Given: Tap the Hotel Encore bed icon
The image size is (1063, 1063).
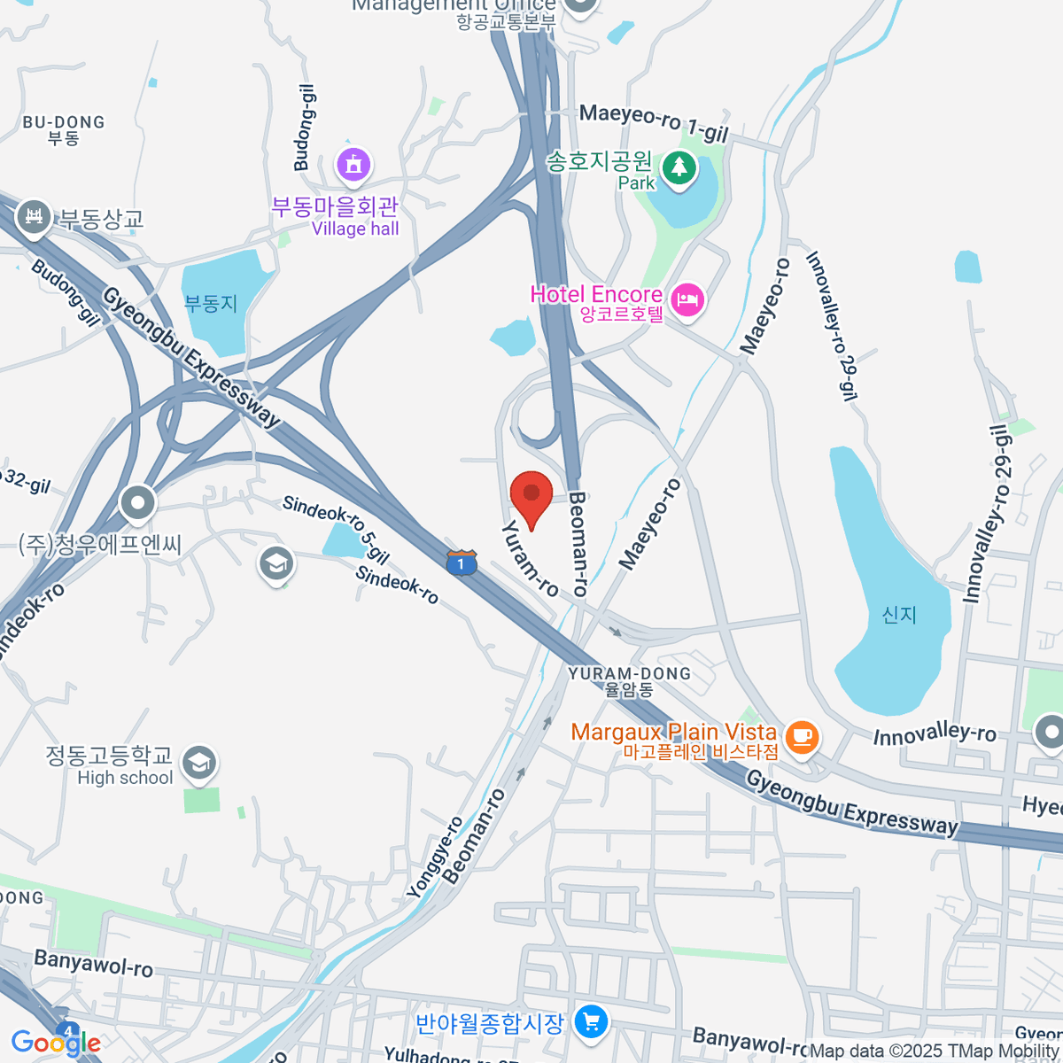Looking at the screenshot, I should [687, 300].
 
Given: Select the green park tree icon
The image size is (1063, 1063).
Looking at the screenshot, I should [679, 167].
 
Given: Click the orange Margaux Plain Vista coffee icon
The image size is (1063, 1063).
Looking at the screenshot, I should [802, 737].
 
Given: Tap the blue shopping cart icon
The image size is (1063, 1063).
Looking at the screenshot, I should [591, 1023].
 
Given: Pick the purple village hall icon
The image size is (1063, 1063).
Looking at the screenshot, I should [353, 165].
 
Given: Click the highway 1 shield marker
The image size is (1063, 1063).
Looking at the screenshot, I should [461, 563].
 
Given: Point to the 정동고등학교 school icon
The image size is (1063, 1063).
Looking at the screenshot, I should [198, 762].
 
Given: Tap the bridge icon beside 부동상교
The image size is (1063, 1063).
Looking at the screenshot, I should [34, 215].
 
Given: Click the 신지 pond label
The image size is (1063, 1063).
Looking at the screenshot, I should [899, 615].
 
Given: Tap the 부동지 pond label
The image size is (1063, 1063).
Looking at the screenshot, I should [211, 304].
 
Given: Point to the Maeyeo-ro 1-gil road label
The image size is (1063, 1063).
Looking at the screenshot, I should [653, 122].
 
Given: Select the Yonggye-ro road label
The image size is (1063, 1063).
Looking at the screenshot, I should [435, 857].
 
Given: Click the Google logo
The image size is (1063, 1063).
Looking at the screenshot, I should [55, 1043].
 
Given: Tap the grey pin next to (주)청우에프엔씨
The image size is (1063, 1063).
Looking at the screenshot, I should [137, 504].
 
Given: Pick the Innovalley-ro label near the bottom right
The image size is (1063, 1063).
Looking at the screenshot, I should [935, 734].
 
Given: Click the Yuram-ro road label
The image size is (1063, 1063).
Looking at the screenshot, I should [530, 558].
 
